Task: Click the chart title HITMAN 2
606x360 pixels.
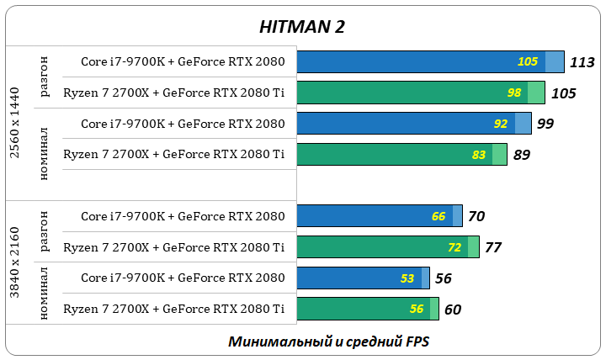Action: point(301,26)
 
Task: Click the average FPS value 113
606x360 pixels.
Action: point(582,61)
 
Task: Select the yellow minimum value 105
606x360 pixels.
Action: point(527,61)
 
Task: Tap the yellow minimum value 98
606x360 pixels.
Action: point(514,93)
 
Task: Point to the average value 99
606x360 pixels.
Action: point(545,124)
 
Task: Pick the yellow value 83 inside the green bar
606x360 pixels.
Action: point(479,155)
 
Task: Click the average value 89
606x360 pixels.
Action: point(521,155)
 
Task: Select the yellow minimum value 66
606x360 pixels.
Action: point(439,216)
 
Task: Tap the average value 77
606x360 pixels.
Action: point(493,247)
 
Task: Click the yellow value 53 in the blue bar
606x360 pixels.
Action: point(408,278)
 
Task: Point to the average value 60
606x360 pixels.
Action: point(452,310)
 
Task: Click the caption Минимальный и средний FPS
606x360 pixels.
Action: point(328,342)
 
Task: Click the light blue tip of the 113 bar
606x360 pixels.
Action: point(554,61)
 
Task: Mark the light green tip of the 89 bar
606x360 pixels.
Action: point(499,155)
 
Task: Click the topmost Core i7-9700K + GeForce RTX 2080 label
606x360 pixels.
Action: point(183,61)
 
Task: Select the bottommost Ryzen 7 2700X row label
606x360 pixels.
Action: point(173,310)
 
